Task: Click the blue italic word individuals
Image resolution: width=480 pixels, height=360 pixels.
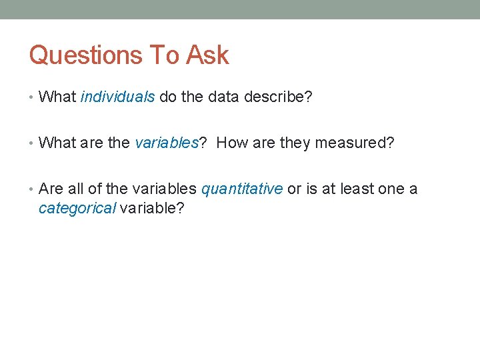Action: (x=117, y=97)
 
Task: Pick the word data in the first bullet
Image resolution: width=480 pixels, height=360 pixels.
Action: (x=223, y=97)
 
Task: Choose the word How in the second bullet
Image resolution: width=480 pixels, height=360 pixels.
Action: (x=231, y=143)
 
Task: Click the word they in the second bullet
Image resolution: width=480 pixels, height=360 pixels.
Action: (x=295, y=143)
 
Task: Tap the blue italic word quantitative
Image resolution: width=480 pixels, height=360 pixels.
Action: (x=241, y=189)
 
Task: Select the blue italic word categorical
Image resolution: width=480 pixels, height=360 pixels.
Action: (x=77, y=208)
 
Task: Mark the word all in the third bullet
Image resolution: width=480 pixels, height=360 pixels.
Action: (x=75, y=189)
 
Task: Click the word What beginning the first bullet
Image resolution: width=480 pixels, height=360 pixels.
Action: (x=57, y=97)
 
